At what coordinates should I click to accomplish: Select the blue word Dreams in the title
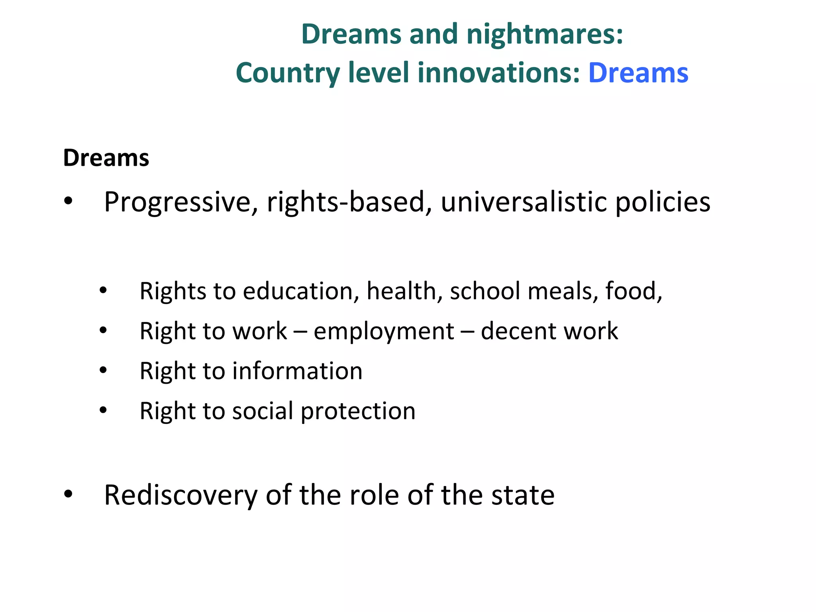[x=638, y=73]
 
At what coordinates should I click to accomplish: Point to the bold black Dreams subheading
[x=106, y=158]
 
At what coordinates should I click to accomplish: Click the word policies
[x=663, y=203]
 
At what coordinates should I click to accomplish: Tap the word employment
[x=384, y=331]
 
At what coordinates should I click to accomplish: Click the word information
[x=297, y=371]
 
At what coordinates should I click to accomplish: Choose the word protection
[x=358, y=412]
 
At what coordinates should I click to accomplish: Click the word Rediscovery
[x=181, y=495]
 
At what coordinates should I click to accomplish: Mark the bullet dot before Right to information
[x=103, y=371]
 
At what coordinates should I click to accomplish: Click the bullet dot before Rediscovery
[x=69, y=494]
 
